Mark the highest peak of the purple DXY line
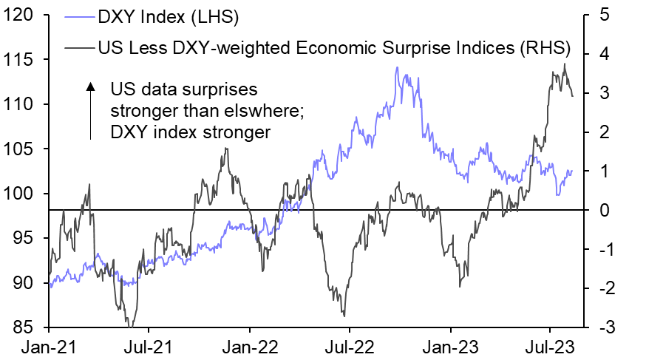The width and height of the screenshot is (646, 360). pyautogui.click(x=397, y=67)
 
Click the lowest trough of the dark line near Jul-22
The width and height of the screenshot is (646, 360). pyautogui.click(x=344, y=316)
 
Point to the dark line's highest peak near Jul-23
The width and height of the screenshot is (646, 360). pyautogui.click(x=565, y=64)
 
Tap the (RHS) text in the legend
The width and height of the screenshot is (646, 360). pyautogui.click(x=544, y=49)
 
